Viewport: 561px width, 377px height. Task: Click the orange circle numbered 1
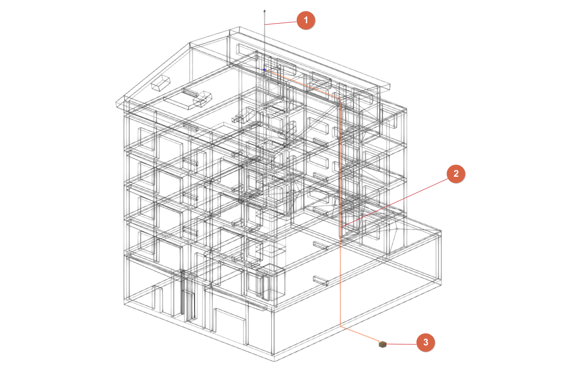[305, 20]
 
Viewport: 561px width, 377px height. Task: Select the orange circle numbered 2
[456, 174]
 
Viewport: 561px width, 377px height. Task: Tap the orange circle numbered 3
[426, 343]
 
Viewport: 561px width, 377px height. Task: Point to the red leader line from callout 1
[280, 23]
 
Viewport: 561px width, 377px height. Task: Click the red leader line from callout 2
[395, 202]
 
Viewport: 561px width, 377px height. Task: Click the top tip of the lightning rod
[264, 10]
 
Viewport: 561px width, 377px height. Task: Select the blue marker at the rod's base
[264, 70]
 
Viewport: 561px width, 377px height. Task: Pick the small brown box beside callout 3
[383, 344]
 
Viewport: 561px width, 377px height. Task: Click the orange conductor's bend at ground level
[340, 326]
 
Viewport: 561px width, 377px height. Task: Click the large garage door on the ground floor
[230, 326]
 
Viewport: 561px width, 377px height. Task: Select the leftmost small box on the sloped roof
[160, 83]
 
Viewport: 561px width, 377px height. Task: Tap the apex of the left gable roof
[190, 43]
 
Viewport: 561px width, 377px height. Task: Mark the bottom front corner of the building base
[275, 360]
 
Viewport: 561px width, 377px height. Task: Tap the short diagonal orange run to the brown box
[361, 334]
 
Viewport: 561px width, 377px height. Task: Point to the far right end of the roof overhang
[390, 86]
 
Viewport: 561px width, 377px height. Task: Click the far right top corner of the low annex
[440, 231]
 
